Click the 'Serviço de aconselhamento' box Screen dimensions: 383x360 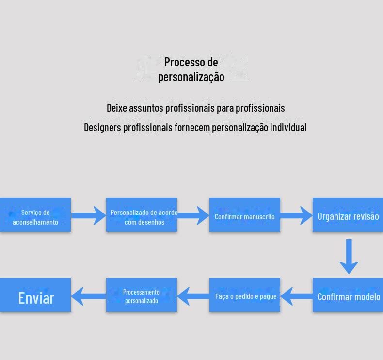tap(35, 215)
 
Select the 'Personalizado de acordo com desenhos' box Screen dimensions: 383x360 tap(142, 215)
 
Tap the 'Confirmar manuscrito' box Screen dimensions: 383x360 tap(245, 215)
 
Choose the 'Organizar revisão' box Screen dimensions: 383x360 tap(348, 215)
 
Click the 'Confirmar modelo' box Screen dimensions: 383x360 tap(348, 295)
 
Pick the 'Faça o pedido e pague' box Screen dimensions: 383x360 tap(245, 295)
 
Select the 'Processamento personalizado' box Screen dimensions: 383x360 tap(142, 295)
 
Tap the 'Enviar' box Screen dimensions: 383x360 tap(35, 295)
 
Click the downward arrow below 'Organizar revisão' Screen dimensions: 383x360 tap(349, 257)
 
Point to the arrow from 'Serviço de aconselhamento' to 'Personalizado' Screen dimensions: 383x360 tap(89, 215)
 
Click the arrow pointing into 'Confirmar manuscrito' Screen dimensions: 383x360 tap(193, 215)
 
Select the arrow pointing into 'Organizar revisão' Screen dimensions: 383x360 tap(296, 215)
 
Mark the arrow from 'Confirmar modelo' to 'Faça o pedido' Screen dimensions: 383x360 tap(296, 296)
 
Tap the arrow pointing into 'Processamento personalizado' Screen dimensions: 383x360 tap(193, 296)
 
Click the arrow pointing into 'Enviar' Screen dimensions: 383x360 tap(88, 296)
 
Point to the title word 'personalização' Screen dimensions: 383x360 tap(191, 77)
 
